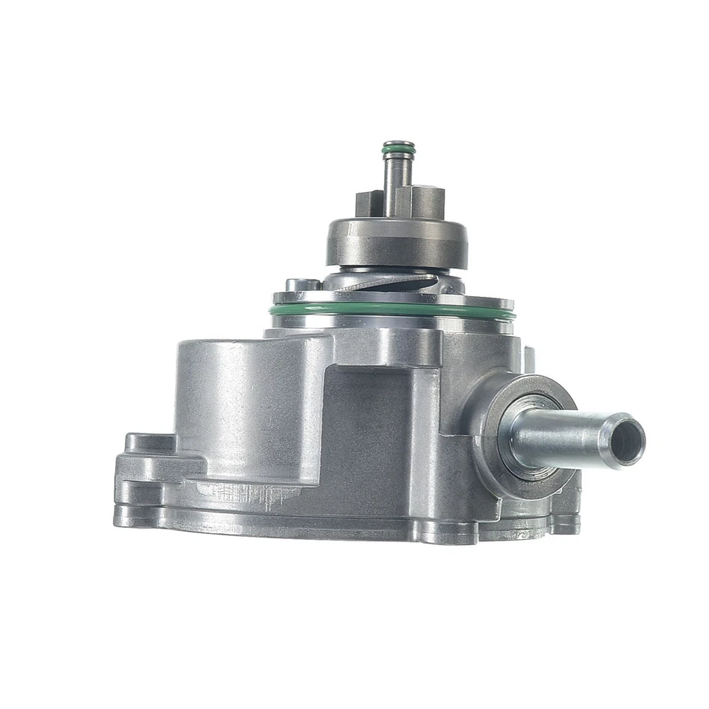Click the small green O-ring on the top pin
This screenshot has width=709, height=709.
(398, 152)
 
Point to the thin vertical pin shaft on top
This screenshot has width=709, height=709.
(397, 181)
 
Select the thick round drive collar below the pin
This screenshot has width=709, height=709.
(397, 240)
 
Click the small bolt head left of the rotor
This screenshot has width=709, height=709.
(303, 284)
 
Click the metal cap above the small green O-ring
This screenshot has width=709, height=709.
(398, 143)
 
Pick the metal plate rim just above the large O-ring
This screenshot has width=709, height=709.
(391, 299)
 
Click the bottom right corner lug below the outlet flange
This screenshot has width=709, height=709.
(565, 517)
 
